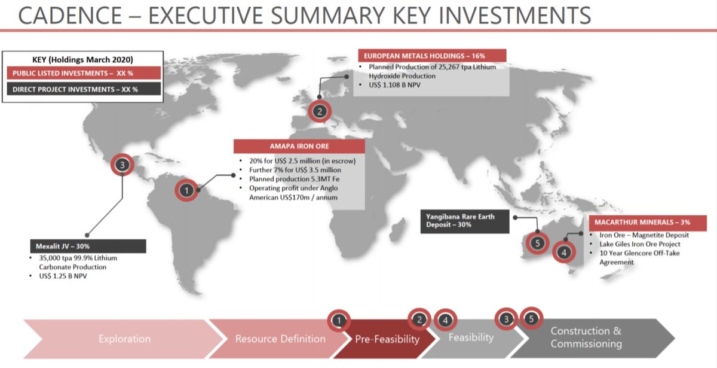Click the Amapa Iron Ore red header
(299, 147)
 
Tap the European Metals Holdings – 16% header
(431, 56)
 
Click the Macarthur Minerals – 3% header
(647, 223)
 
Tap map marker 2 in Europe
(320, 111)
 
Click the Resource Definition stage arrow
(280, 339)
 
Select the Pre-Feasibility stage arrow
(387, 339)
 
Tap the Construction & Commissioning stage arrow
(586, 338)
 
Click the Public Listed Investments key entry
(84, 73)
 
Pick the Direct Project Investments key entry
(84, 89)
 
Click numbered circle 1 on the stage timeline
(339, 320)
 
